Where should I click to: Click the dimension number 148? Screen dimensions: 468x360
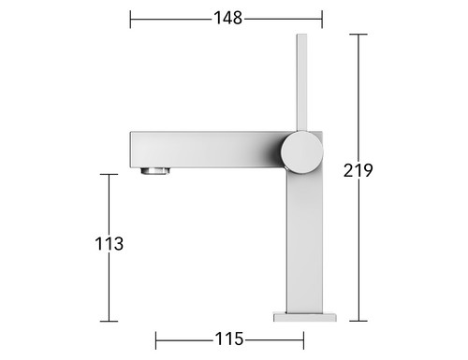point(227,18)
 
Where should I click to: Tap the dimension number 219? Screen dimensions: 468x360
point(358,170)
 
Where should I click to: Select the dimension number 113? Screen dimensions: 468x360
point(110,244)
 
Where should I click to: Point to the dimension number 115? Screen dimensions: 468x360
point(229,338)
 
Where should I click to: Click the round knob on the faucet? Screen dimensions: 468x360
point(301,152)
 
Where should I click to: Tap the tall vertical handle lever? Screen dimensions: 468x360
point(301,82)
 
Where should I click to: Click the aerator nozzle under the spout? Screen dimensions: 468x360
point(155,171)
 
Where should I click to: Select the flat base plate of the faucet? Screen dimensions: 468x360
point(305,316)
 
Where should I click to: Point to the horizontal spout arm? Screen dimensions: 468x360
point(206,150)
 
